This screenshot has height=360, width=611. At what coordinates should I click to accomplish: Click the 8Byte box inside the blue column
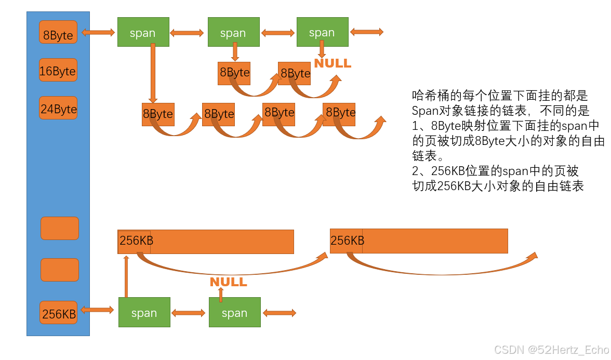58,32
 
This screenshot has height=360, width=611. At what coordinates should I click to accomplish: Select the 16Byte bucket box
58,70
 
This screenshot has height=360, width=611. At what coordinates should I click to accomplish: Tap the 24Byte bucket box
58,108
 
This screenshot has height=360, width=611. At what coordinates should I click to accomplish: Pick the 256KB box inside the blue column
58,313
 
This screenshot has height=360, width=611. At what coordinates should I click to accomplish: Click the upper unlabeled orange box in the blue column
59,228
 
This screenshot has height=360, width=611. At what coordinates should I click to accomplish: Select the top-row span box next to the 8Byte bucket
143,32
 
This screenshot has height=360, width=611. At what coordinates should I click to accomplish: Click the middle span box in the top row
233,32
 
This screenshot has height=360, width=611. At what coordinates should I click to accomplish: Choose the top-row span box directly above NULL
322,32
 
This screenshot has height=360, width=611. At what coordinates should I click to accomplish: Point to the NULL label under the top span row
333,63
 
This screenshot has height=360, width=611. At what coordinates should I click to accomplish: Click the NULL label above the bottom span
228,282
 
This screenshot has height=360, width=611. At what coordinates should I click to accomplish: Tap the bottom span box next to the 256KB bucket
144,312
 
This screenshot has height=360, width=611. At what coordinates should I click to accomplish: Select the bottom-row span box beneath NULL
234,312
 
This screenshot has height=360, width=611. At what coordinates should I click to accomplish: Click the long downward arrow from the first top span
153,73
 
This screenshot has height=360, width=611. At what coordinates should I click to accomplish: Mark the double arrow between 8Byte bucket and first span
98,32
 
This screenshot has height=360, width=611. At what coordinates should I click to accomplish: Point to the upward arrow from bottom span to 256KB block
126,275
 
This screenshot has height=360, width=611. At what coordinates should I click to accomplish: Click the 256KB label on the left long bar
136,241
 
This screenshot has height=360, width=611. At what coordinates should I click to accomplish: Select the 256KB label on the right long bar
347,241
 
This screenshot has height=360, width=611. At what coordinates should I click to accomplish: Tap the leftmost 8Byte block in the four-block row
157,114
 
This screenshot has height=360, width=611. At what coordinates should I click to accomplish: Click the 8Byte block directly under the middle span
234,73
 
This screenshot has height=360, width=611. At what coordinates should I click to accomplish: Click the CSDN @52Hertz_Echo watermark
551,350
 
